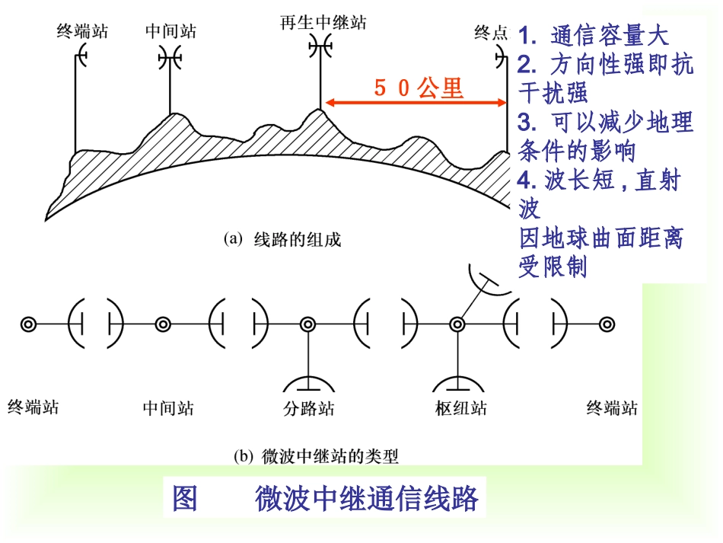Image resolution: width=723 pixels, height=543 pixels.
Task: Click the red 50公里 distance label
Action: click(418, 88)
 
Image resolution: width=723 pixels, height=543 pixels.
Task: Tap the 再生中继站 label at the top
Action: click(323, 23)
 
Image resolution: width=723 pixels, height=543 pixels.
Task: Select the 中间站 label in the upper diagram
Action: click(170, 31)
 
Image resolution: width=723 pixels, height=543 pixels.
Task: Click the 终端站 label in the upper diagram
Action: click(82, 31)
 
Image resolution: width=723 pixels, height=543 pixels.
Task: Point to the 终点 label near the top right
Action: click(490, 32)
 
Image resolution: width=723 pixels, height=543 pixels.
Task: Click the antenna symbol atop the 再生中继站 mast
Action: click(320, 48)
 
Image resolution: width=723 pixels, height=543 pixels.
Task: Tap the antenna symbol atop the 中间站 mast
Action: click(169, 56)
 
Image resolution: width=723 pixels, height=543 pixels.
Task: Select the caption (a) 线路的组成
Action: click(282, 240)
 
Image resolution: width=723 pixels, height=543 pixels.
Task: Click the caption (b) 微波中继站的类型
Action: click(316, 456)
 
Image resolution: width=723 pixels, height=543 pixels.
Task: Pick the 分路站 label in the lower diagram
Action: click(308, 408)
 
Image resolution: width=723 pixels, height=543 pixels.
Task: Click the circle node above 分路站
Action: click(307, 324)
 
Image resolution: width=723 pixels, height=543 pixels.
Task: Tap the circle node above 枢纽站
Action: click(457, 324)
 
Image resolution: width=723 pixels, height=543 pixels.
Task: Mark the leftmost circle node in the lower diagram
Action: click(28, 324)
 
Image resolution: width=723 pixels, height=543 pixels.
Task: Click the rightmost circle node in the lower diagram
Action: click(607, 324)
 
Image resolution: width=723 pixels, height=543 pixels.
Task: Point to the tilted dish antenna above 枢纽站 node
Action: click(487, 279)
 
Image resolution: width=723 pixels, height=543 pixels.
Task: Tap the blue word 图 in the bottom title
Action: click(184, 499)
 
